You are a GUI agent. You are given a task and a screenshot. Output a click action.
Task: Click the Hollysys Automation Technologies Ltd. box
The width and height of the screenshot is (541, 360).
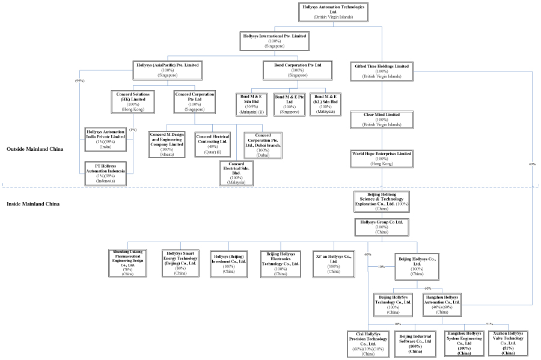[x=333, y=12]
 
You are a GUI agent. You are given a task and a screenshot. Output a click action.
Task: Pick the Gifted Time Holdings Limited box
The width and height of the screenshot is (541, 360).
[x=382, y=70]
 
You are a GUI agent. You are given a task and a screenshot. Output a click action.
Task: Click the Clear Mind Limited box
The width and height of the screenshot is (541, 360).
[x=382, y=118]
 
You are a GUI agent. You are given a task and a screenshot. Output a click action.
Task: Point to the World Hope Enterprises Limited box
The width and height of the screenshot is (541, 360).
[x=382, y=158]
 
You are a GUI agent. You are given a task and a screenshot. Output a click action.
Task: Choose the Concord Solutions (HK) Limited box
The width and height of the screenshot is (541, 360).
[x=133, y=100]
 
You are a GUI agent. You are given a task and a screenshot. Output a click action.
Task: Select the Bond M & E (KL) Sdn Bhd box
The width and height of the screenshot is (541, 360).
[x=326, y=104]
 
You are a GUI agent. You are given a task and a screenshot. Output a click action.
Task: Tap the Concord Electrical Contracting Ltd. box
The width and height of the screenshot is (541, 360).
[x=213, y=144]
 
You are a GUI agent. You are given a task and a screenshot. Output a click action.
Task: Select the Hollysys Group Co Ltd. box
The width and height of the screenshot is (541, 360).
[x=382, y=227]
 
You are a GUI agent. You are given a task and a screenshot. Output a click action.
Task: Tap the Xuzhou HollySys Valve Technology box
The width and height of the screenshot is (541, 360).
[x=507, y=343]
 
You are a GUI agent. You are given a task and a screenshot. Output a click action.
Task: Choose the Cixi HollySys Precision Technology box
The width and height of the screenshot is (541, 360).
[x=368, y=343]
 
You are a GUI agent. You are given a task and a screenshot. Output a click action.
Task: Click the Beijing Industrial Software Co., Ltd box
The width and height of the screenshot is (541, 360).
[x=415, y=343]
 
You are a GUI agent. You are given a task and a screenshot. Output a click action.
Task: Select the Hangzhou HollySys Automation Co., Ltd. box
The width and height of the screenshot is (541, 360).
[x=442, y=304]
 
